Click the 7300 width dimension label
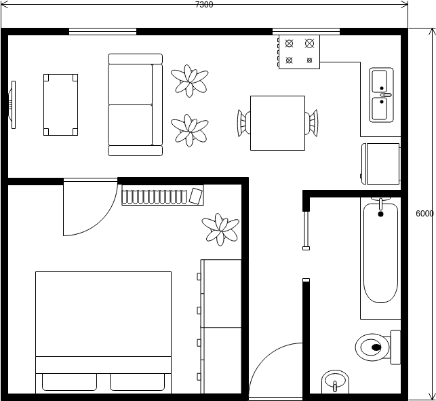coord(204,5)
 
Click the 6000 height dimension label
coord(424,214)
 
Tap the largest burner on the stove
coord(309,43)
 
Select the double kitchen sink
coord(381,95)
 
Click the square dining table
coord(277,123)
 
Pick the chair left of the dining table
coord(244,123)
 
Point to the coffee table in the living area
coord(60,104)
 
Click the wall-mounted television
coord(12,105)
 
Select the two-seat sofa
coord(135,104)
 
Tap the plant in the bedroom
coord(220,229)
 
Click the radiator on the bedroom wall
coord(162,195)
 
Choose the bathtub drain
coord(380,214)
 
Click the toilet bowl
coord(372,347)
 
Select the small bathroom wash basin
coord(335,381)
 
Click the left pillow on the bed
coord(69,382)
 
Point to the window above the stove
coord(306,31)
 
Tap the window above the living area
coord(102,31)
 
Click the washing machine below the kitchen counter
coord(380,164)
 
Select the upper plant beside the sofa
coord(190,81)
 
